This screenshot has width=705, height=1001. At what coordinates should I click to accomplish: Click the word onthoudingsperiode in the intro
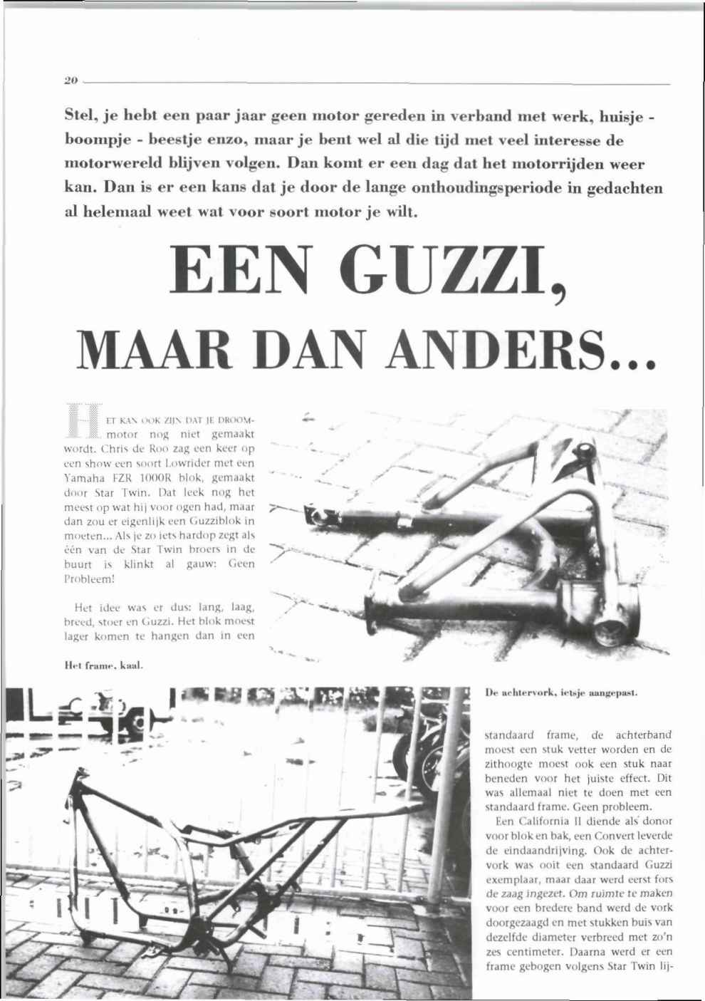[x=485, y=189]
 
